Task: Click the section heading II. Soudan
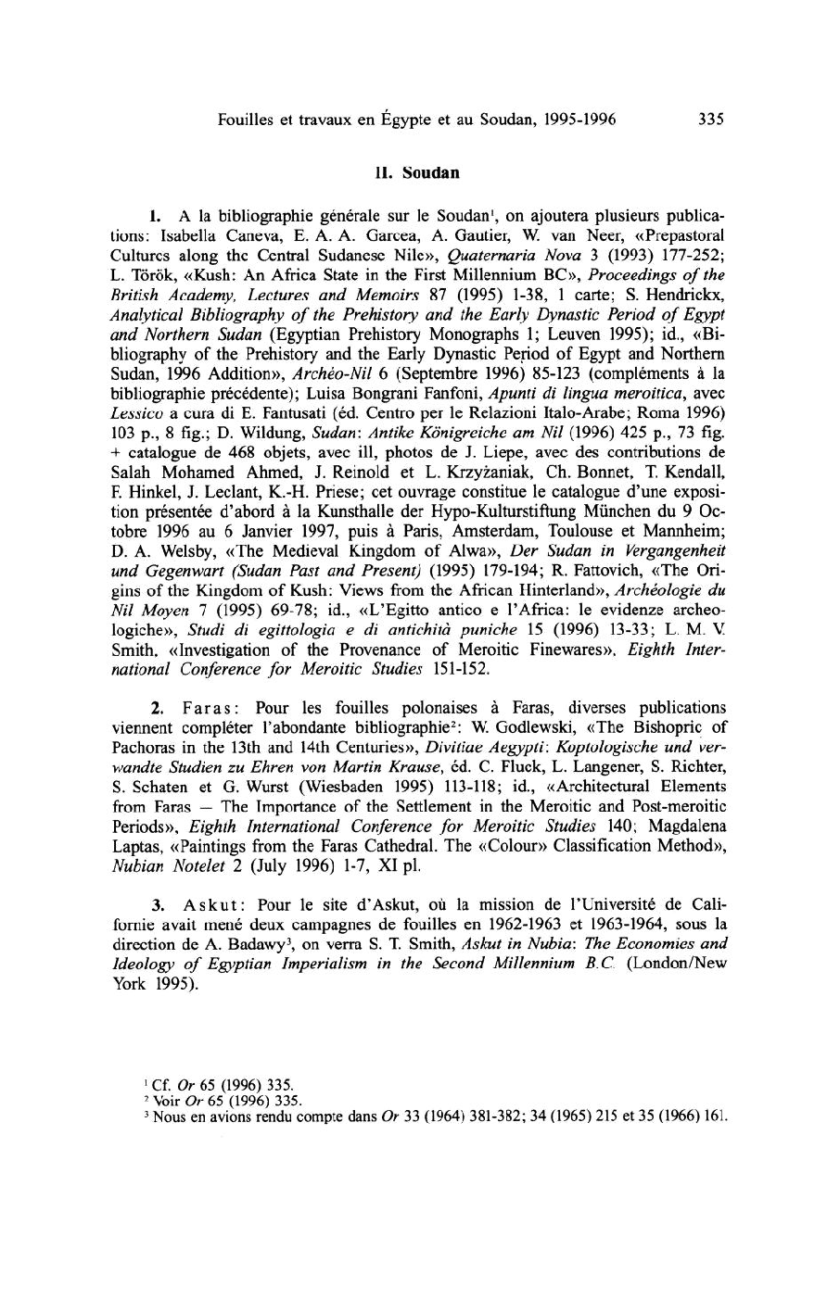point(419,171)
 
